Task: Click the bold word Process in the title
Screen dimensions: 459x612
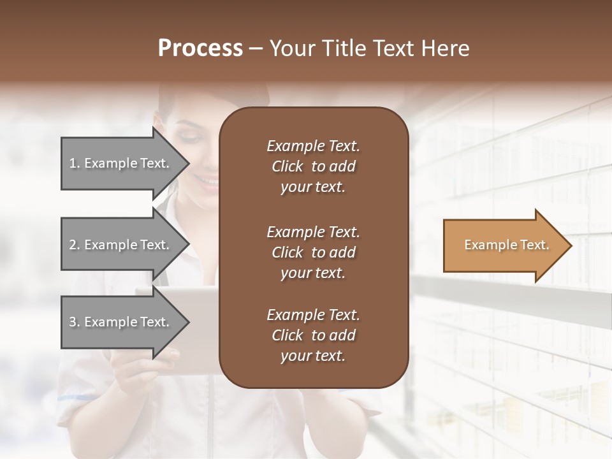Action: (200, 48)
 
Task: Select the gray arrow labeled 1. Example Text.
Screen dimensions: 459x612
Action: (121, 163)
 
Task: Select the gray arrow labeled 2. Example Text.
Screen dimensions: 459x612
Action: (121, 245)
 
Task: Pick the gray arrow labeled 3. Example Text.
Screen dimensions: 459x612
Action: (121, 322)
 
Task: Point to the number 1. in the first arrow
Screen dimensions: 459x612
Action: (75, 163)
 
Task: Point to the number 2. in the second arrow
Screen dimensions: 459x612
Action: (75, 245)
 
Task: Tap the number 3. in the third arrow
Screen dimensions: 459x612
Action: (75, 322)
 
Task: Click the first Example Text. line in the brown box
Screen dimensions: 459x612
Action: (313, 146)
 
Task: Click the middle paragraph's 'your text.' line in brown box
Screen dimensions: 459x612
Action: (313, 273)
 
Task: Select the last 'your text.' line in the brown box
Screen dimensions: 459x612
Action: (313, 356)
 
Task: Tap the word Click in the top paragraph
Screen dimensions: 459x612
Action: (287, 166)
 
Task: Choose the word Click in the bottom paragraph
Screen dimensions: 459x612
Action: (287, 335)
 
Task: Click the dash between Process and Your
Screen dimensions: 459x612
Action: (256, 48)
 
